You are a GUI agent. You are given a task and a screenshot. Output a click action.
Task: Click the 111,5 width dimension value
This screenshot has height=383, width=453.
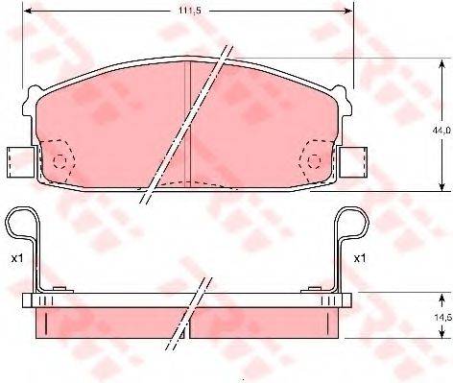(x=189, y=11)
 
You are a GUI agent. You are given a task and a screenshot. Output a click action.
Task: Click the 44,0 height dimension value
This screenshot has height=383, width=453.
(x=443, y=130)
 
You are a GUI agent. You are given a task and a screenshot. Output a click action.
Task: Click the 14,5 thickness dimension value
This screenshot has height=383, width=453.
(x=444, y=318)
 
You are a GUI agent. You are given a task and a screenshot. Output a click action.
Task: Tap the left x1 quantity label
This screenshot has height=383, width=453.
(x=17, y=258)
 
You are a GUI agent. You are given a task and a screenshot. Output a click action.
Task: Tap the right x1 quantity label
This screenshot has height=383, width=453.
(x=360, y=258)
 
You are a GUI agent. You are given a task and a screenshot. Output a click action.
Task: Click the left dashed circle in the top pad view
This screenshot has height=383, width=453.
(x=60, y=160)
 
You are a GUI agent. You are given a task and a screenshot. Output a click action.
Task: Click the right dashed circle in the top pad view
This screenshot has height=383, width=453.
(x=315, y=160)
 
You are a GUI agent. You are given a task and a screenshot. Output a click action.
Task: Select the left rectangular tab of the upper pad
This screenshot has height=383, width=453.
(x=21, y=162)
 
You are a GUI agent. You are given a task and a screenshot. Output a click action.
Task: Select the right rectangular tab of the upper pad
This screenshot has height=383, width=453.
(x=353, y=162)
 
